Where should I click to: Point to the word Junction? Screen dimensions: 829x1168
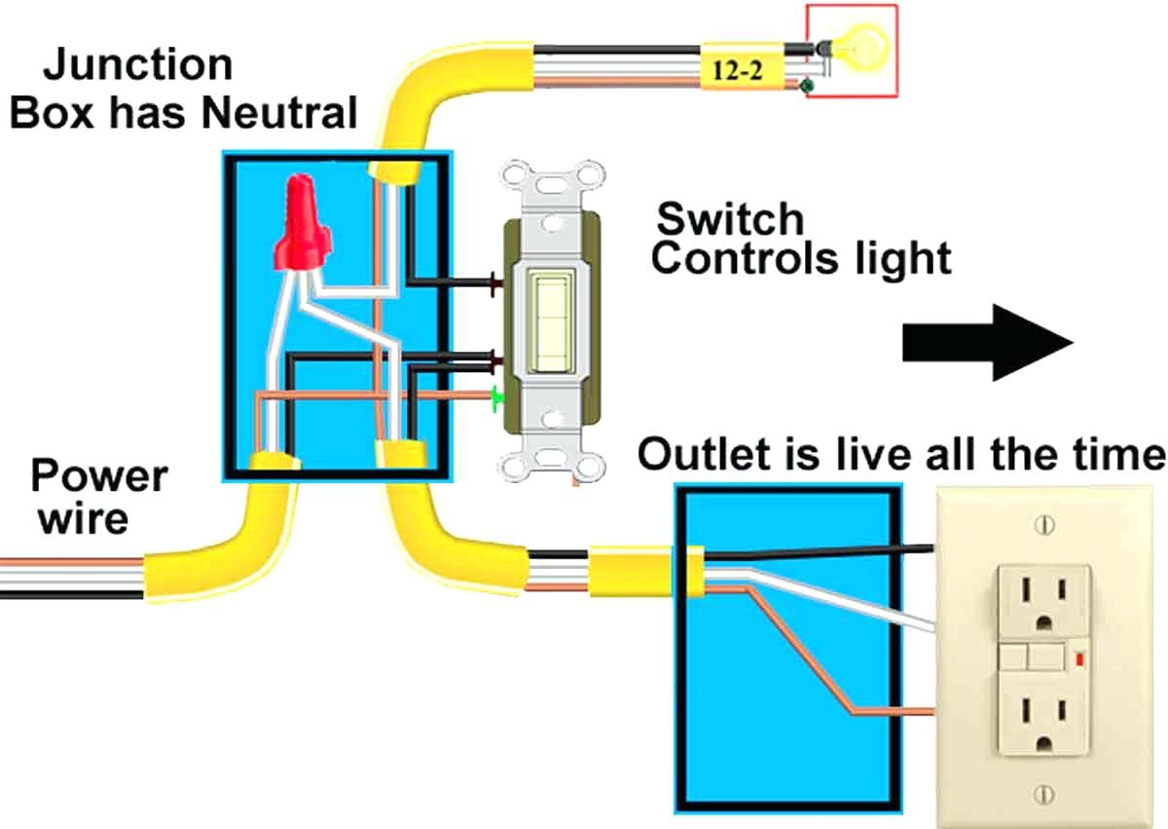coord(138,65)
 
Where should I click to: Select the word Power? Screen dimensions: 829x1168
coord(98,477)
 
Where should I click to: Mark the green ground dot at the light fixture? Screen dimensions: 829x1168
coord(806,89)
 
